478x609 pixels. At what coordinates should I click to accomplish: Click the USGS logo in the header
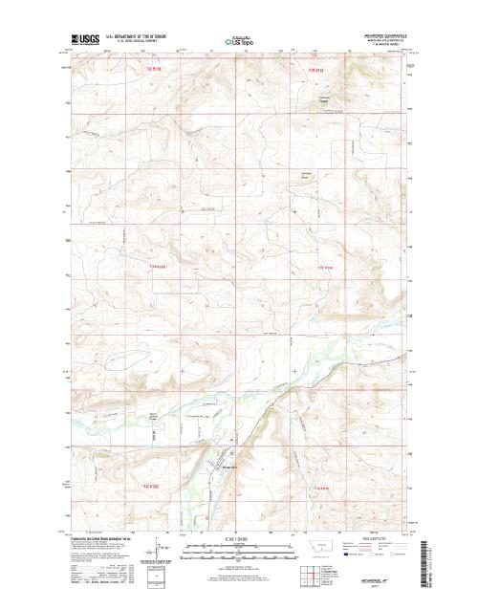[81, 40]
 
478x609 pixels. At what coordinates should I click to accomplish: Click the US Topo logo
[238, 43]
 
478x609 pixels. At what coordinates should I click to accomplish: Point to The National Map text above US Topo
[238, 35]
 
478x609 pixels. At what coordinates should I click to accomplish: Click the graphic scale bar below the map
[238, 549]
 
